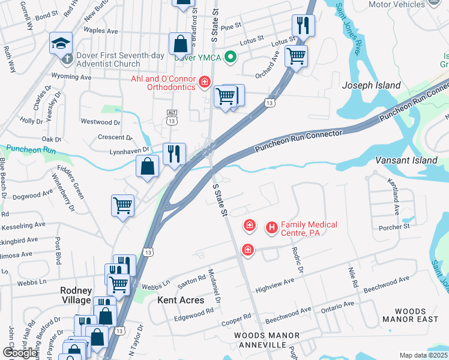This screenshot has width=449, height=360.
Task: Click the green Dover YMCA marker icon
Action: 229,58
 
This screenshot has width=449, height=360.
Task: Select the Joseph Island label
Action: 371,85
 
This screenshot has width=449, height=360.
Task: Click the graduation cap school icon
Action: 61,43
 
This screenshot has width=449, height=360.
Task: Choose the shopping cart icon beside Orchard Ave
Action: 296,56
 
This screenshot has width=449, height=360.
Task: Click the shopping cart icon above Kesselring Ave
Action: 122,205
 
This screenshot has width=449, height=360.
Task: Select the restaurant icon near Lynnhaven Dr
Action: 174,154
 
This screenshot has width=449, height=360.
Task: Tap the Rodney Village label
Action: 76,295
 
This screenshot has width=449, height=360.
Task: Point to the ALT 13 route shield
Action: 172,117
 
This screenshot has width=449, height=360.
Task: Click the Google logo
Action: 20,353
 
